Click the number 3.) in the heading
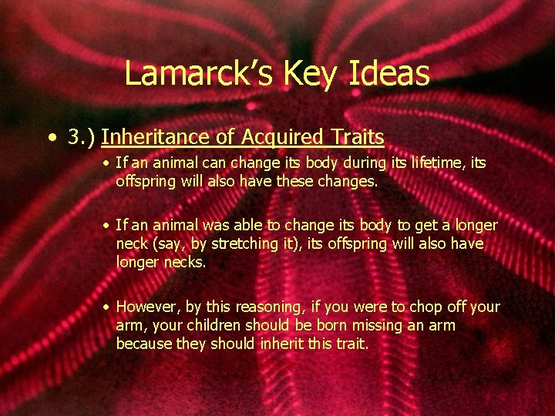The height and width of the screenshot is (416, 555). click(80, 137)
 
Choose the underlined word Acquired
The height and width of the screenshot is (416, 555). click(281, 138)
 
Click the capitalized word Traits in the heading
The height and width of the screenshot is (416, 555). click(355, 137)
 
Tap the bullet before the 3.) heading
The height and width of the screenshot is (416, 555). click(51, 138)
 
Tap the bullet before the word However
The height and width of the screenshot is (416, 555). click(108, 307)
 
